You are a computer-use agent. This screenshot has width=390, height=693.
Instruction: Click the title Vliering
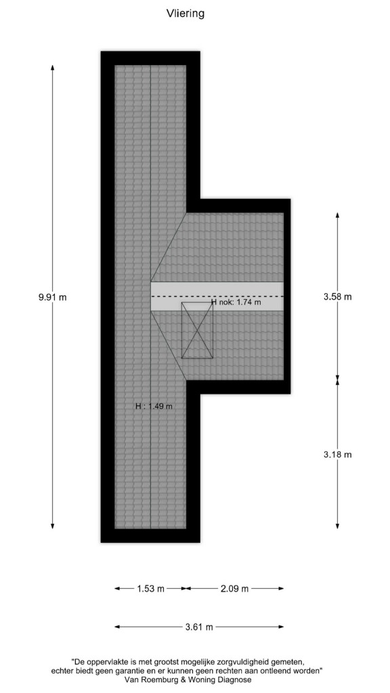pos(186,14)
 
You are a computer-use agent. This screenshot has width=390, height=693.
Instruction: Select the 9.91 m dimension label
pos(53,297)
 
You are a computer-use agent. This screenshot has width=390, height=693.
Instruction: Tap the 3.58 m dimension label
pos(338,296)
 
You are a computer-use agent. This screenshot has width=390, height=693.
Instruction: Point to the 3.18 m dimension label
pos(338,454)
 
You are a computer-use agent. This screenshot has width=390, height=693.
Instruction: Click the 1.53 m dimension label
pos(150,589)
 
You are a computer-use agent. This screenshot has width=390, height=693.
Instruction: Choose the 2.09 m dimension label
pos(234,589)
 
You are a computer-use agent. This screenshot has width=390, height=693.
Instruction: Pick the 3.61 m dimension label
pos(199,627)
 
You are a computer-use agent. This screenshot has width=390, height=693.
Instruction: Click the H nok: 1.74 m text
pos(236,303)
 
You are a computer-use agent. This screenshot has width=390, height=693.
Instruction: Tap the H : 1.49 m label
pos(154,406)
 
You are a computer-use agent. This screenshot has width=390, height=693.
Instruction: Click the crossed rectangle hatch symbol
pos(197,330)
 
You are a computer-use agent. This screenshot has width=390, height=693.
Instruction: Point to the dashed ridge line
pos(217,296)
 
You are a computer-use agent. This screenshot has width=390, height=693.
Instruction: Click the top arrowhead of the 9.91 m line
pos(53,68)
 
